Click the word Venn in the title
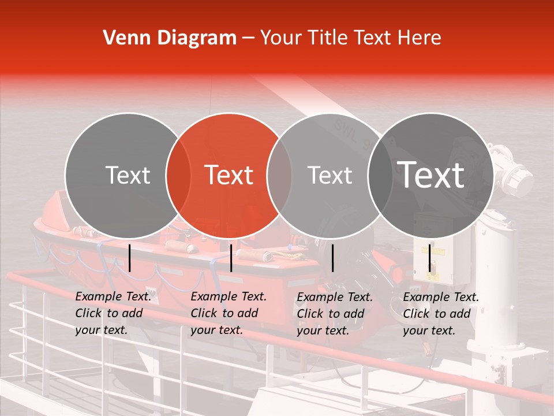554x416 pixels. [123, 38]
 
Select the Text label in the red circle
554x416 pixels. [229, 175]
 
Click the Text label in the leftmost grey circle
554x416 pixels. [128, 175]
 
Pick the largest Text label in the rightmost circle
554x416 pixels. [431, 175]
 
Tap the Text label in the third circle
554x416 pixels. [330, 175]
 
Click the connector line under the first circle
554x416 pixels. [130, 258]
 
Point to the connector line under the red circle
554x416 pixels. [231, 258]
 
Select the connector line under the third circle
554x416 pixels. [332, 258]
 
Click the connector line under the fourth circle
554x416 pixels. [429, 258]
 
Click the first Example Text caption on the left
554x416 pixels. [113, 313]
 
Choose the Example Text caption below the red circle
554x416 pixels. [228, 313]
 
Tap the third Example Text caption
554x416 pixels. [334, 314]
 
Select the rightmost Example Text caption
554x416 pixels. [440, 314]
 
